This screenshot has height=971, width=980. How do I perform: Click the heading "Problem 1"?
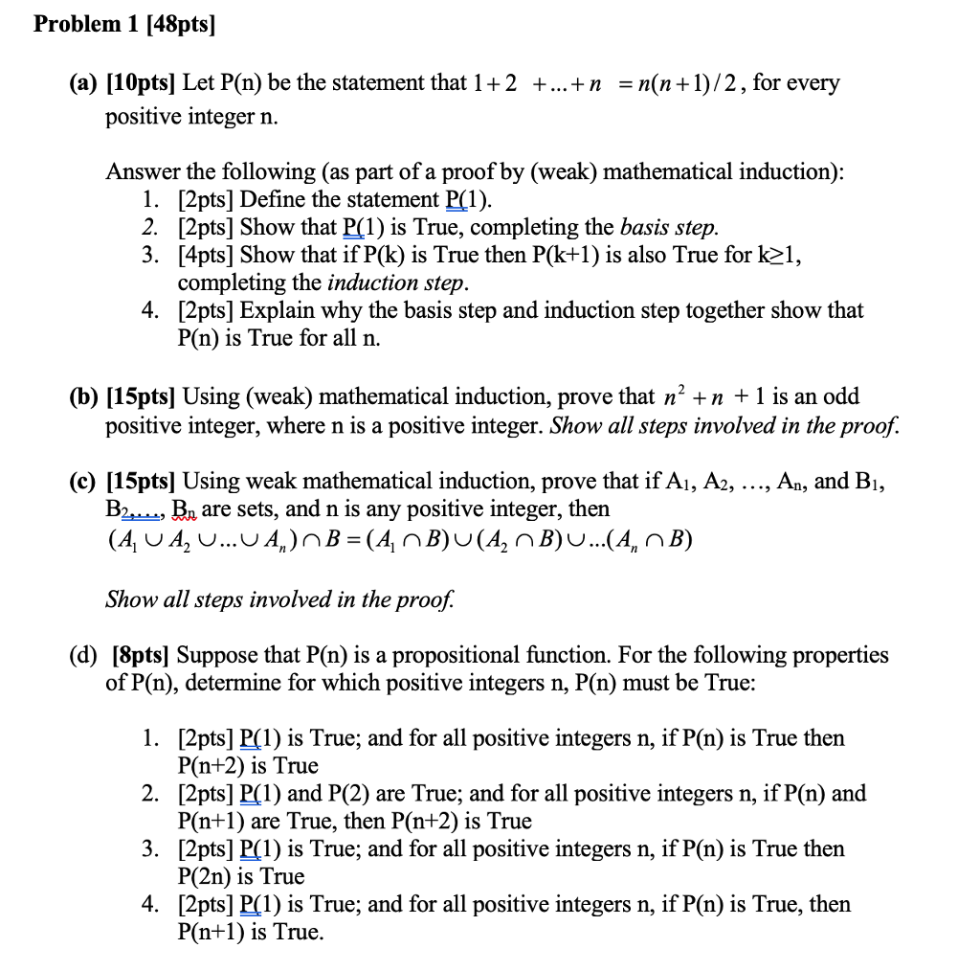[85, 26]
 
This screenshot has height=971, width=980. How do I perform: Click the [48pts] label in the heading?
[178, 26]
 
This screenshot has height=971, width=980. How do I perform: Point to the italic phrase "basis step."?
[669, 228]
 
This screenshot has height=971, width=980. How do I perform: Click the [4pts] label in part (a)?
[206, 256]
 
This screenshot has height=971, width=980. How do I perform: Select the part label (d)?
[83, 656]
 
